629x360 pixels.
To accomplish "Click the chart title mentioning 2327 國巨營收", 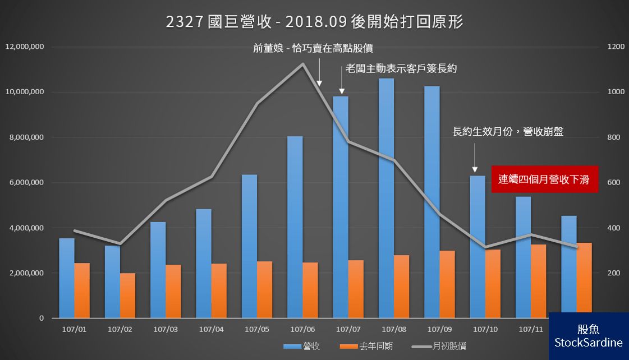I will pyautogui.click(x=314, y=22).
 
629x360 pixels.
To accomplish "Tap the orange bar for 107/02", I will pyautogui.click(x=127, y=296).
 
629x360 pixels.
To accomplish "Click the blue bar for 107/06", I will pyautogui.click(x=295, y=227).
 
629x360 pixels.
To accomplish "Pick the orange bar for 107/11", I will pyautogui.click(x=538, y=281).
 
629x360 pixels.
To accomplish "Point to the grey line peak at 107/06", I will pyautogui.click(x=303, y=64).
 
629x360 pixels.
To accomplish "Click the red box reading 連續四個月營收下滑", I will pyautogui.click(x=544, y=179).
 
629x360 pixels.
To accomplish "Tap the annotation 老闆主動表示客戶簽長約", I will pyautogui.click(x=401, y=69).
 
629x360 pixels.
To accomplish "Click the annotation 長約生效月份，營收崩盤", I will pyautogui.click(x=508, y=132).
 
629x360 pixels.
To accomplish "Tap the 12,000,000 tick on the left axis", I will pyautogui.click(x=25, y=47).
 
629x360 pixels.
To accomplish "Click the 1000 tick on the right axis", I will pyautogui.click(x=616, y=92).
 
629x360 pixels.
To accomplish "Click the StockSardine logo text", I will pyautogui.click(x=588, y=342).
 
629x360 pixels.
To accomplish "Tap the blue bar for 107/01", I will pyautogui.click(x=67, y=278).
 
